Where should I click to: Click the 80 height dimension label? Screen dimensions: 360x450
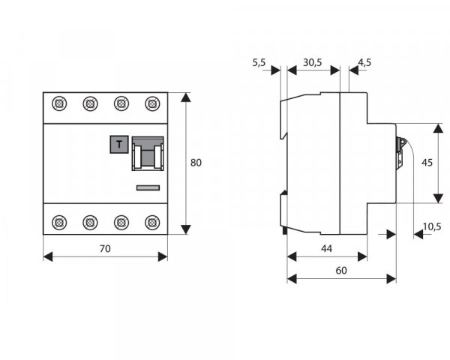tap(196, 162)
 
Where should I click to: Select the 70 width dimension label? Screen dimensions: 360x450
tap(105, 248)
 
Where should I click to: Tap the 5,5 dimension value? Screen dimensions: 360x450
tap(259, 64)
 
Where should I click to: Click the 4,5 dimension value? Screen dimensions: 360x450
tap(365, 64)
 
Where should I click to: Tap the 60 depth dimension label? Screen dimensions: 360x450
tap(341, 271)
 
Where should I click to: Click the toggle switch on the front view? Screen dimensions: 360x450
tap(148, 154)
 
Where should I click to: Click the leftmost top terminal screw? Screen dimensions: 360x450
tap(58, 103)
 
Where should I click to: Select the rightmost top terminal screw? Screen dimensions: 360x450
tap(152, 103)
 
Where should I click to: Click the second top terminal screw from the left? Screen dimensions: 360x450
tap(90, 103)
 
